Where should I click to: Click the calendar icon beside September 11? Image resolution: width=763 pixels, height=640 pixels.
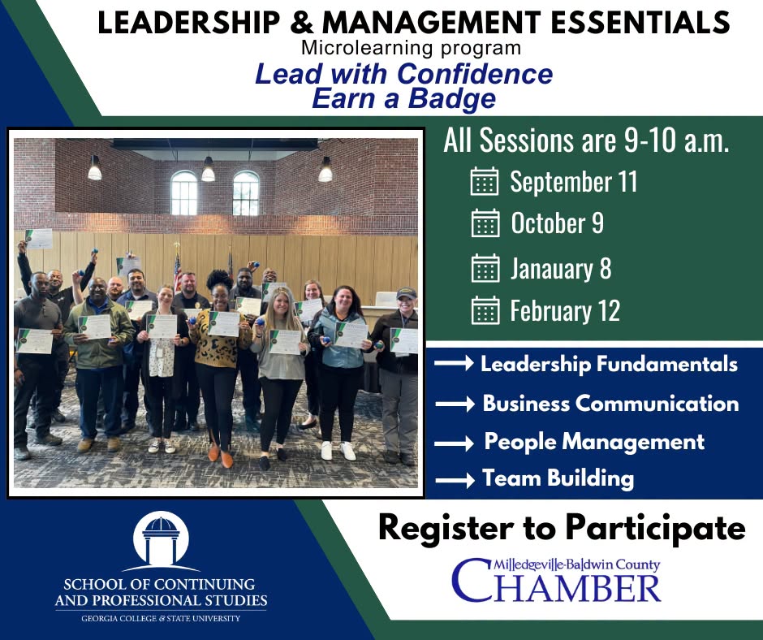coord(484,181)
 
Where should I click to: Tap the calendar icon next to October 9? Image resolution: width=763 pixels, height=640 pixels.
coord(485,223)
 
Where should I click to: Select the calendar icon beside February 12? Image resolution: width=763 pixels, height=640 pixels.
coord(485,310)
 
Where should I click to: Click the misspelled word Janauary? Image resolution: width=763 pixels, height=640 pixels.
coord(551,269)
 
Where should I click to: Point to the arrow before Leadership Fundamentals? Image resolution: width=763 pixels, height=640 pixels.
coord(454,363)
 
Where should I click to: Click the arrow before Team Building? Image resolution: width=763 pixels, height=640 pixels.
coord(455,480)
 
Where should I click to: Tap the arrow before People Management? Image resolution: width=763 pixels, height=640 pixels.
coord(454,443)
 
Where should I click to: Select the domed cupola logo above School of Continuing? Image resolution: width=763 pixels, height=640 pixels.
coord(161,541)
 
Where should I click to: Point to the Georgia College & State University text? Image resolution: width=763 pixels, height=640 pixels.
coord(161,619)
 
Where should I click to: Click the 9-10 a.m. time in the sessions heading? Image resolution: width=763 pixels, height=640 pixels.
coord(676,141)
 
